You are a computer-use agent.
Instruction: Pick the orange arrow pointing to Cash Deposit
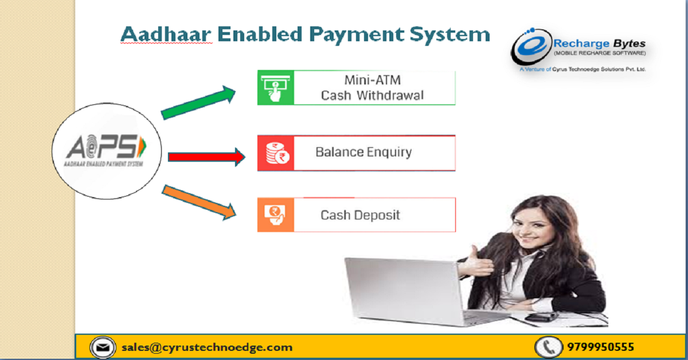coord(198,201)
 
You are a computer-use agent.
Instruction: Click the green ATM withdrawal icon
coord(275,88)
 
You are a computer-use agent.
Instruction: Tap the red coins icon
coord(275,153)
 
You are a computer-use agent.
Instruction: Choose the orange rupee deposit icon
coord(275,215)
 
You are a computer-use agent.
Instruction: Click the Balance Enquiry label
coord(363,152)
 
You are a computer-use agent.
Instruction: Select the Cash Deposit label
coord(360,216)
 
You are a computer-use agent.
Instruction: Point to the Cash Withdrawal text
coord(372,95)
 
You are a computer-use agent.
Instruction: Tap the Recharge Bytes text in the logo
coord(599,44)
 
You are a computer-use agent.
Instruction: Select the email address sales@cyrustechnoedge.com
coord(207,347)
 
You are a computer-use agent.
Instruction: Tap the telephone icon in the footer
coord(548,347)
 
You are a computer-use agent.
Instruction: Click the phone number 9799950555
coord(601,347)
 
